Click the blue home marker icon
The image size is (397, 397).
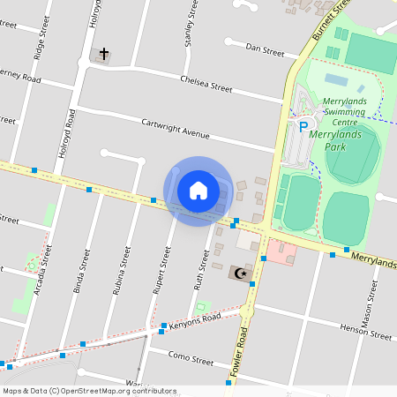pos(198,191)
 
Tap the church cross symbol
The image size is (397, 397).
pos(103,55)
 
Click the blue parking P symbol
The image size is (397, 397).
pos(303,127)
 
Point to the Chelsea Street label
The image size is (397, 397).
pos(206,87)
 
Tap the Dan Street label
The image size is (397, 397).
pos(265,51)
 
